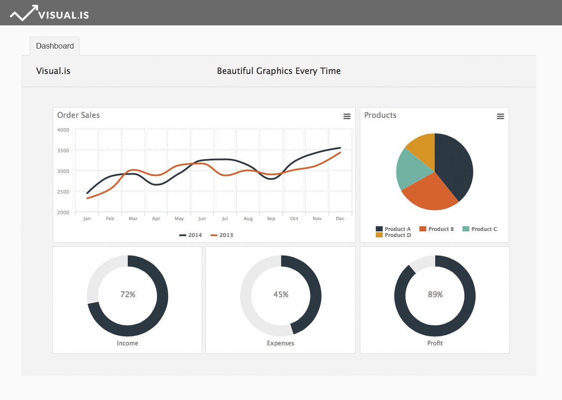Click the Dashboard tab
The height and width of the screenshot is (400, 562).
click(55, 46)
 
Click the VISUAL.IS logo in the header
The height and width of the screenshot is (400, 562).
click(49, 14)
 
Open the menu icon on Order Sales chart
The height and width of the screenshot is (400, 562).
click(347, 117)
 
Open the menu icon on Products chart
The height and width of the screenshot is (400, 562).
click(500, 117)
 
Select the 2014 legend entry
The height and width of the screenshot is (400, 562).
click(190, 235)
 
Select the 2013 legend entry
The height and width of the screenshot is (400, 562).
click(221, 235)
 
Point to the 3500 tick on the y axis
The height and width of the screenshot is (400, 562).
click(63, 151)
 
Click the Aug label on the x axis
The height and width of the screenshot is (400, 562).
click(248, 218)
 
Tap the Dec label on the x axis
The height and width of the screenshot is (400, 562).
click(340, 218)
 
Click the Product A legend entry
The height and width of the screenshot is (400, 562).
click(393, 229)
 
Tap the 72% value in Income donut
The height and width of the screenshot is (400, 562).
click(128, 295)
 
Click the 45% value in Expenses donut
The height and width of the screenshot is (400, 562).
click(281, 295)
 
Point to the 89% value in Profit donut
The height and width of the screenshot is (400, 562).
click(435, 295)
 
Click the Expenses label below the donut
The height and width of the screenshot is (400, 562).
click(280, 343)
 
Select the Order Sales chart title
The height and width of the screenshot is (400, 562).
click(78, 115)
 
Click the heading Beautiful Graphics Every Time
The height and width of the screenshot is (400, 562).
click(279, 71)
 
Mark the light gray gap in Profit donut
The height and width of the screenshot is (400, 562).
click(423, 262)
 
